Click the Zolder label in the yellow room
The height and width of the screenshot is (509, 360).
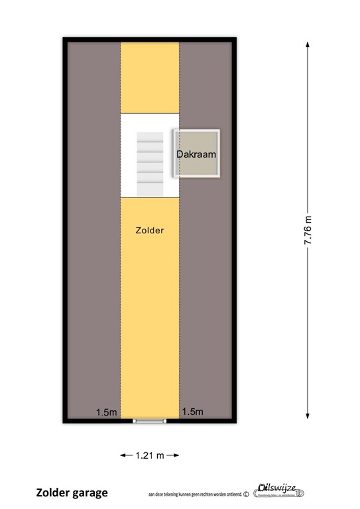[x=149, y=231]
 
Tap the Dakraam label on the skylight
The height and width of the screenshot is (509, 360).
[x=196, y=154]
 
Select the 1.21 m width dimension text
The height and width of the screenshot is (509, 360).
[x=149, y=456]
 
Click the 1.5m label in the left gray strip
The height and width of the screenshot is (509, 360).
[x=106, y=412]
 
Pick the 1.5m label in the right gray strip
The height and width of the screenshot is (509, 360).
[x=192, y=412]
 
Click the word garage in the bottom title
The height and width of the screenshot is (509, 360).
[x=90, y=493]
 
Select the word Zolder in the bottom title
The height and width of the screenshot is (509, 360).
[x=52, y=493]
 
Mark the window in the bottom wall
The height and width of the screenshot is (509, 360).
[x=149, y=420]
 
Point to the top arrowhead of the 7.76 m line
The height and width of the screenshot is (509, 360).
[x=308, y=43]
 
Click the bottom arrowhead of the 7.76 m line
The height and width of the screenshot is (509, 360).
[x=308, y=416]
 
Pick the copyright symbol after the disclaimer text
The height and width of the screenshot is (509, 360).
[x=247, y=494]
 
